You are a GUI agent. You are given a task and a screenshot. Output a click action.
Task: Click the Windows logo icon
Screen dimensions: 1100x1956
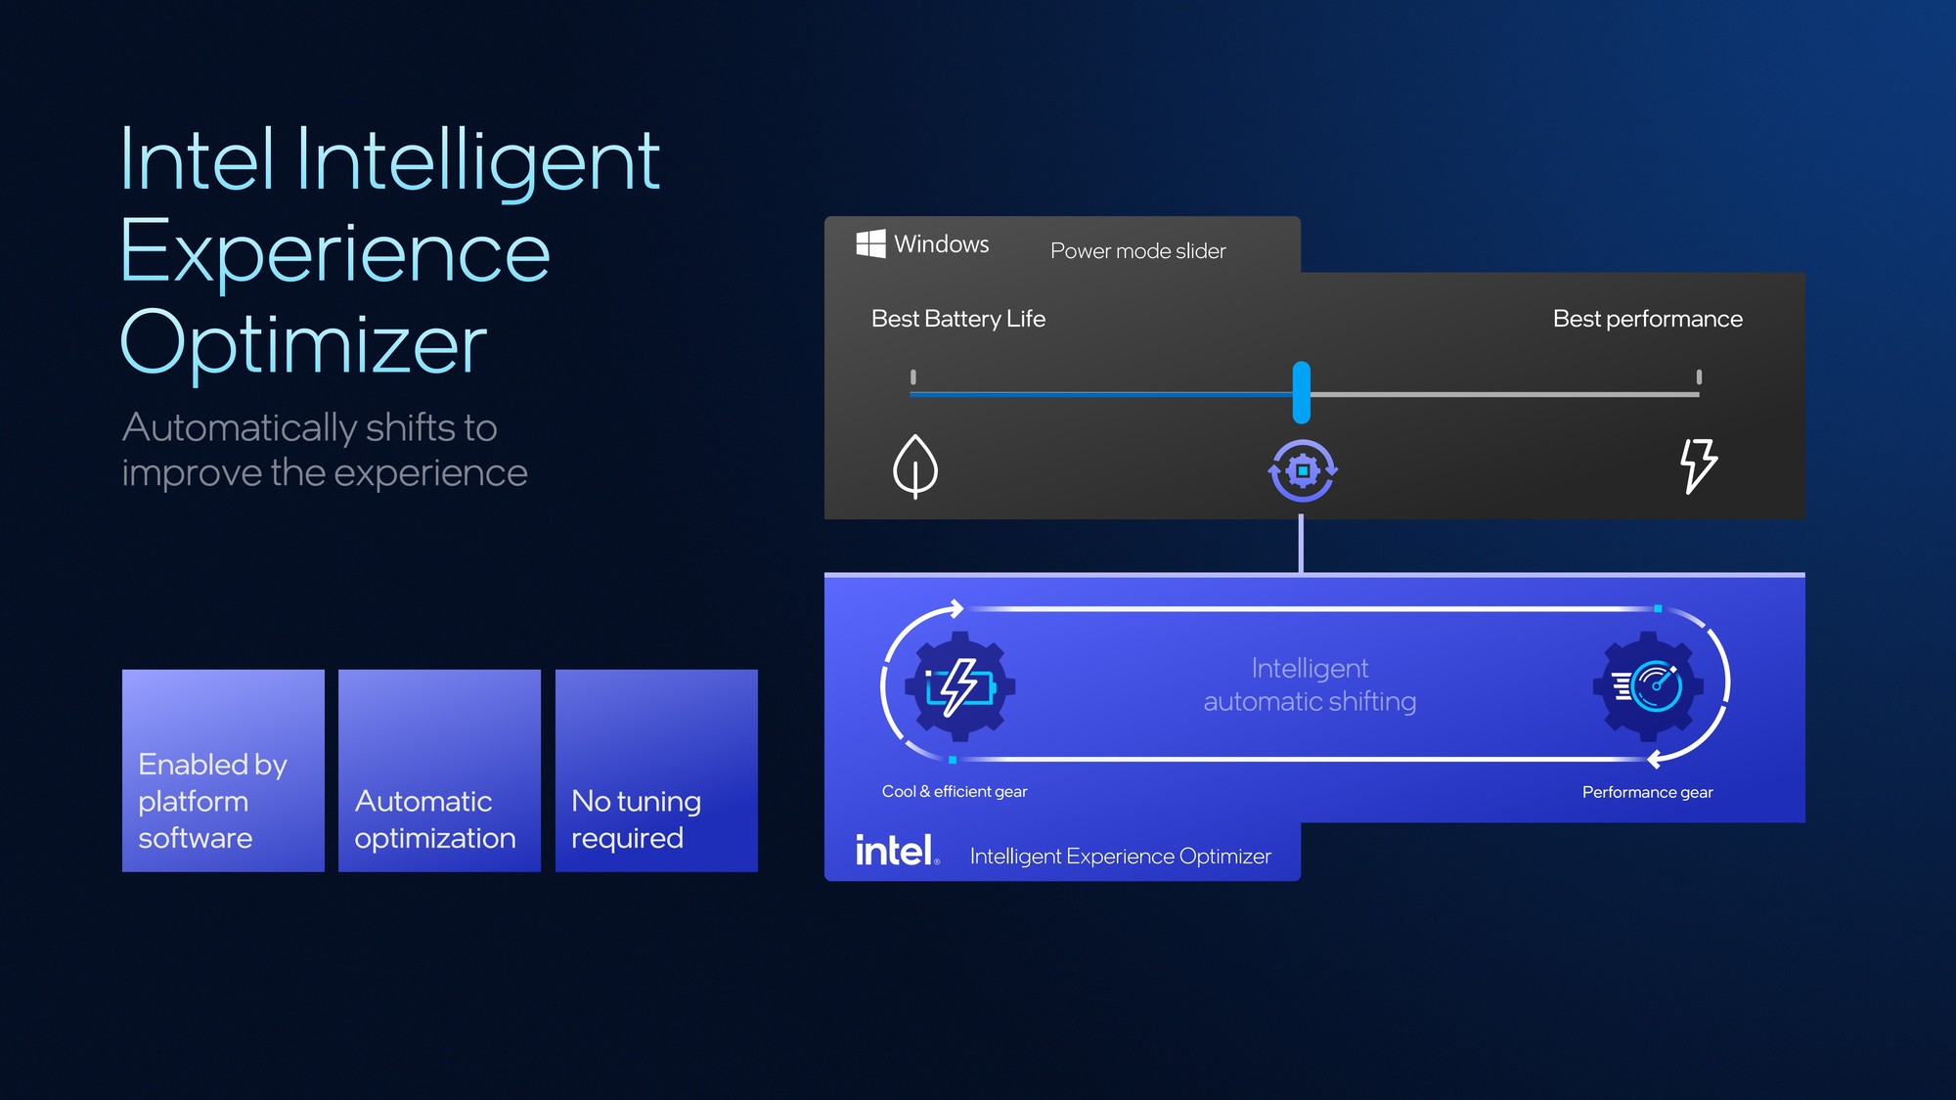(x=870, y=243)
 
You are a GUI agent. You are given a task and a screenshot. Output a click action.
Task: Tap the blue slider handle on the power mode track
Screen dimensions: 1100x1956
(x=1301, y=392)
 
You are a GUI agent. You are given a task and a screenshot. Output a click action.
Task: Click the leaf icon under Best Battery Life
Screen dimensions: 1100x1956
(x=915, y=465)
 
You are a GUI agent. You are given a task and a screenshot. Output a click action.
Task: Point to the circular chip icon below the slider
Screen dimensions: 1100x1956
(x=1303, y=470)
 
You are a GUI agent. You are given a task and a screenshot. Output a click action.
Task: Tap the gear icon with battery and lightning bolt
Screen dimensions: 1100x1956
(x=959, y=686)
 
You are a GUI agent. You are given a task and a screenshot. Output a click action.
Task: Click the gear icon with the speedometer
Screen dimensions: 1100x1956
(x=1649, y=685)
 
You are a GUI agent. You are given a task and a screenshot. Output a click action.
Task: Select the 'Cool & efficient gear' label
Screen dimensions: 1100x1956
(x=955, y=791)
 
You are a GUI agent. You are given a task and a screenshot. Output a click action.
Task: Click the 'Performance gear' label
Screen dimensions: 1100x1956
(x=1647, y=792)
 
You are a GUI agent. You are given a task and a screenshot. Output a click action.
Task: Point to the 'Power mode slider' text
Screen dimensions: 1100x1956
(x=1137, y=251)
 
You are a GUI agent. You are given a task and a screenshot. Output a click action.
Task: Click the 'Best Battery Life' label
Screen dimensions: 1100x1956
(x=957, y=319)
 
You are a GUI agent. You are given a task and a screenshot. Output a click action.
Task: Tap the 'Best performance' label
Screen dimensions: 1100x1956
(x=1647, y=319)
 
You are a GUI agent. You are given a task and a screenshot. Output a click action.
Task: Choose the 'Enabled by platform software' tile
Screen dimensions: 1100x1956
(x=223, y=770)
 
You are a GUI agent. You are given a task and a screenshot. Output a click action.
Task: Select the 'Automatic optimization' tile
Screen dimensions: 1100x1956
(x=439, y=770)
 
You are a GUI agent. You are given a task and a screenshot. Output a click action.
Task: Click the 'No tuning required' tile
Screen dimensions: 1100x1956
(x=656, y=770)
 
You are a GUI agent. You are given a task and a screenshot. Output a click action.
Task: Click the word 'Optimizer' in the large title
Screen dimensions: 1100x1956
(x=303, y=344)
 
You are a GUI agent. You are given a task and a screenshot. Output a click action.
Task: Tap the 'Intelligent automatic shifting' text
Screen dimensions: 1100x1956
(x=1310, y=684)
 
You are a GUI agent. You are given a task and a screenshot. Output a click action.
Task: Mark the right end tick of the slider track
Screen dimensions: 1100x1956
(x=1699, y=377)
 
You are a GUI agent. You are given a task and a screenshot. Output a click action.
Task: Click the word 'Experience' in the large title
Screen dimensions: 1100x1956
(x=334, y=252)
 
